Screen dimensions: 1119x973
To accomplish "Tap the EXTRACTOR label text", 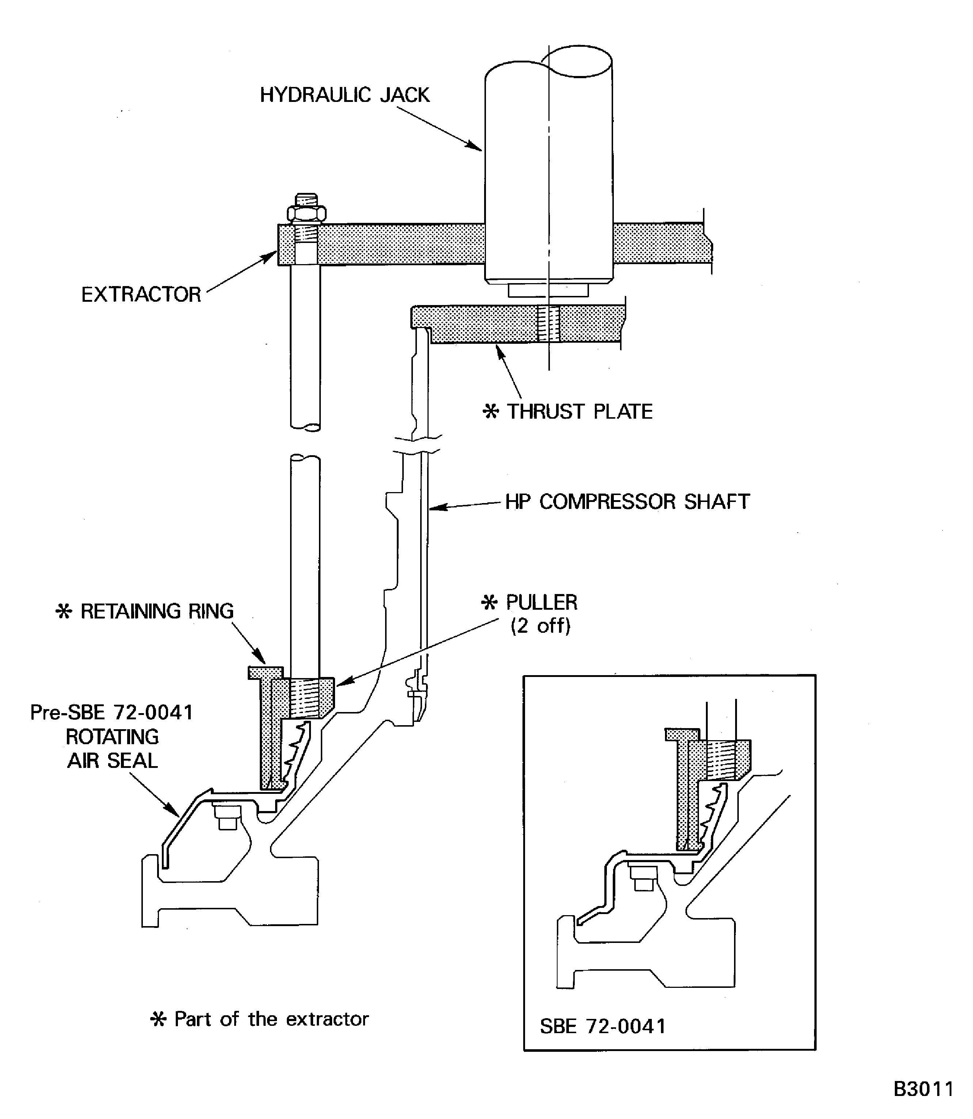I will click(141, 295).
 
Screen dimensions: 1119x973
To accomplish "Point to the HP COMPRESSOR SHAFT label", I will click(627, 502).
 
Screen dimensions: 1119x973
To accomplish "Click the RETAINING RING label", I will click(156, 611).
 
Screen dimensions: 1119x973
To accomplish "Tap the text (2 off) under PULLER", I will click(540, 626).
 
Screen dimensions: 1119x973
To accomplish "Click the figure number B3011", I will click(923, 1089).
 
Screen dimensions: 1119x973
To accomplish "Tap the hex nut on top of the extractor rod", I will click(307, 213).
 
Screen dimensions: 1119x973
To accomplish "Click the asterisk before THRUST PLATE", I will click(490, 412).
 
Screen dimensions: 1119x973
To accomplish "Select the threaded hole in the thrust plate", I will click(548, 324).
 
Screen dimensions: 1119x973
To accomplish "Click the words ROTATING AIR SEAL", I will click(113, 748).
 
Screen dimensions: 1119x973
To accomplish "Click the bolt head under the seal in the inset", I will click(643, 879).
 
